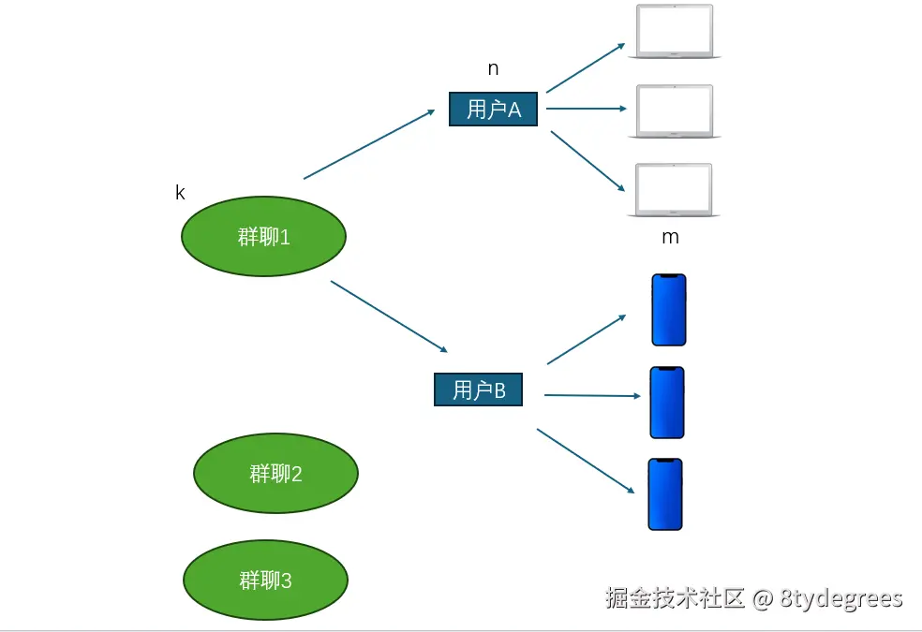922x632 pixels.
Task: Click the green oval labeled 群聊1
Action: (263, 236)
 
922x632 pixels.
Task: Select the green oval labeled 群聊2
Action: (275, 474)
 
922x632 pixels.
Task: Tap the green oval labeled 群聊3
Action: (265, 581)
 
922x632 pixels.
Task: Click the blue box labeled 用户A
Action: (493, 109)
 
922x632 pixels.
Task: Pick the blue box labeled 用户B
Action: (478, 389)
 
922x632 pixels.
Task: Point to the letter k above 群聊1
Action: (180, 193)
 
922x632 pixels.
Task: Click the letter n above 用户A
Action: (493, 68)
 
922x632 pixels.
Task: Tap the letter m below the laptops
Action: (670, 237)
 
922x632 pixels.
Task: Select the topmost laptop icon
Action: (675, 31)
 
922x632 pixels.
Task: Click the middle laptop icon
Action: (675, 111)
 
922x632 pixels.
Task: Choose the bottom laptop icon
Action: (675, 190)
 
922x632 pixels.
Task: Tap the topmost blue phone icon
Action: (669, 310)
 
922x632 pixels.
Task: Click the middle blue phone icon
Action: (667, 403)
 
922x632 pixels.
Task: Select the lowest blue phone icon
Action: (665, 494)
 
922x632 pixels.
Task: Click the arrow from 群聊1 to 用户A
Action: (369, 143)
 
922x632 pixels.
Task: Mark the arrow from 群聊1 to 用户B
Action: (389, 316)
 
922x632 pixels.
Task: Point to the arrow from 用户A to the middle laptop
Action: (586, 109)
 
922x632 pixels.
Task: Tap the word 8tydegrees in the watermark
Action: (840, 598)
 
